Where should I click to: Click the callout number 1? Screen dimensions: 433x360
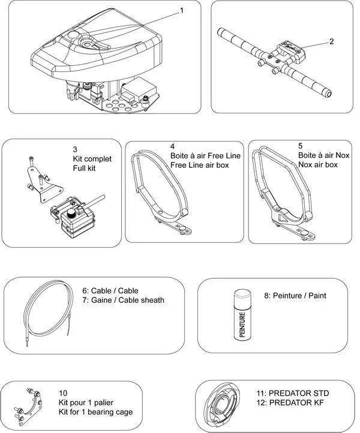tap(182, 10)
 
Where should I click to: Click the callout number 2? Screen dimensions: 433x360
tap(331, 42)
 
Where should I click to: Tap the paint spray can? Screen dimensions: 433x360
tap(241, 315)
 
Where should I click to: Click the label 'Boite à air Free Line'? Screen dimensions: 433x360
tap(205, 156)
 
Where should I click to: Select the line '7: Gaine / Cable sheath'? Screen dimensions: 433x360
tap(123, 300)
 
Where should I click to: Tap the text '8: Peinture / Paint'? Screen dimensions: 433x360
tap(295, 296)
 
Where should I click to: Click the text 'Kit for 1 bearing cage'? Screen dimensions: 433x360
tap(95, 412)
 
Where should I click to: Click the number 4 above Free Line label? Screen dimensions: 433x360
tap(172, 146)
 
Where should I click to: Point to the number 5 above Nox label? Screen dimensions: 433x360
tap(301, 146)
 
